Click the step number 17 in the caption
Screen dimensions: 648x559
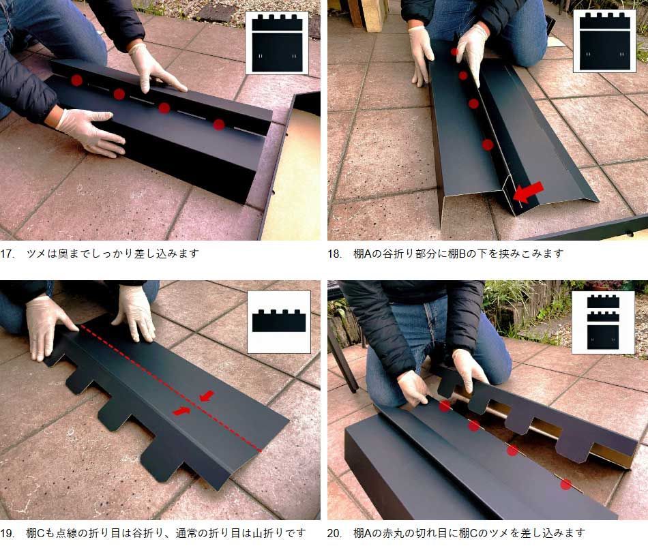(7, 254)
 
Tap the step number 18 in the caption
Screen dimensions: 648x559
(334, 254)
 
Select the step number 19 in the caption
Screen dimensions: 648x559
(7, 533)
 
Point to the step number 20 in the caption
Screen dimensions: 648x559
(334, 533)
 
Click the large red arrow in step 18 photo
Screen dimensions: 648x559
(528, 192)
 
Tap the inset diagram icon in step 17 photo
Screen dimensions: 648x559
(277, 43)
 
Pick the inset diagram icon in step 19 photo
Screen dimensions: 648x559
(279, 322)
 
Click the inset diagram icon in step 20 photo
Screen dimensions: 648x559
(603, 322)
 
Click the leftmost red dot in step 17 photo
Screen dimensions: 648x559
(76, 80)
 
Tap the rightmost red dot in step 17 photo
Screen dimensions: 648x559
(219, 124)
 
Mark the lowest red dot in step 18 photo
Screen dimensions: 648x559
(488, 145)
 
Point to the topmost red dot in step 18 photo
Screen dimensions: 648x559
(454, 52)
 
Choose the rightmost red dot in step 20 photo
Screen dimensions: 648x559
(565, 484)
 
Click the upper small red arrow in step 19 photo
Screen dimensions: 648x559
(207, 396)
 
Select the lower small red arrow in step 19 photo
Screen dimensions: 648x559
(182, 410)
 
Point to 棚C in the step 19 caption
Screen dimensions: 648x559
(35, 533)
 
